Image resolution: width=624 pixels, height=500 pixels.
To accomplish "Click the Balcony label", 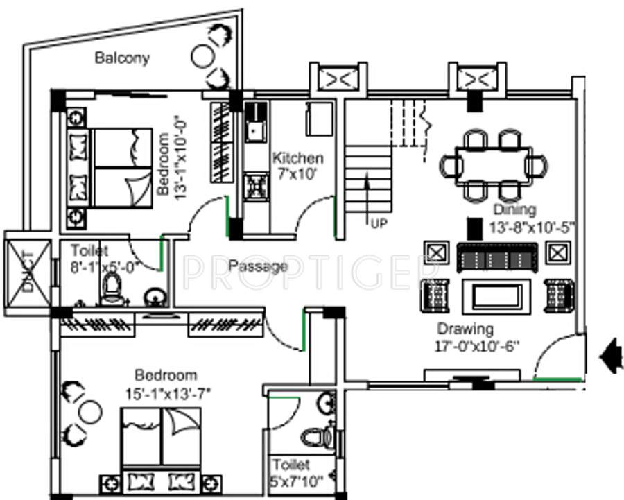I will click(x=122, y=58).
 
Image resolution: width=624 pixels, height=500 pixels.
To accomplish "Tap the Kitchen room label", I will click(x=297, y=158).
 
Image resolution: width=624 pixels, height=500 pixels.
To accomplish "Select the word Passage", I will click(x=258, y=266).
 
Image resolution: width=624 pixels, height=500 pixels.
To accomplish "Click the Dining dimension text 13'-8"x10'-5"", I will click(x=514, y=225).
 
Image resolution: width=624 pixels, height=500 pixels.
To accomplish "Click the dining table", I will click(x=494, y=165).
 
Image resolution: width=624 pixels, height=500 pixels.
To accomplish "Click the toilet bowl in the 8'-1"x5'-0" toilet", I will click(x=112, y=291).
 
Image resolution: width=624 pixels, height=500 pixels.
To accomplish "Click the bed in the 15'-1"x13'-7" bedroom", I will click(x=162, y=447).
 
